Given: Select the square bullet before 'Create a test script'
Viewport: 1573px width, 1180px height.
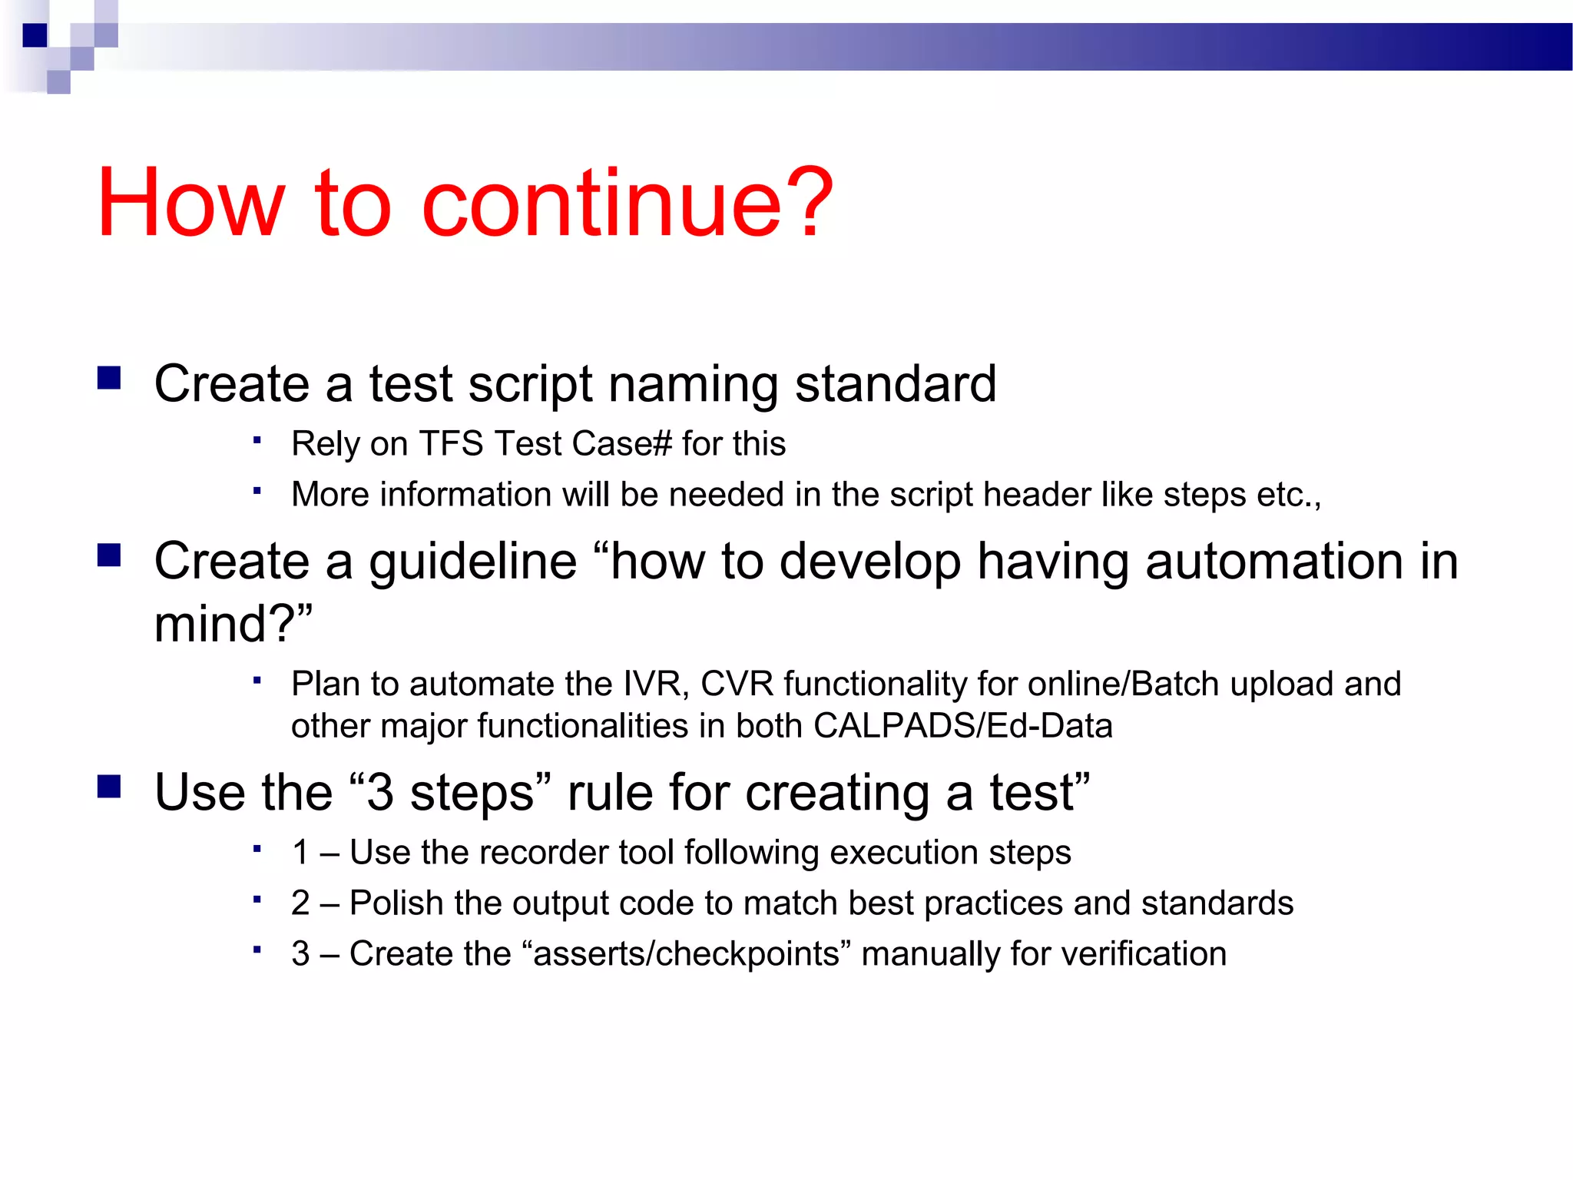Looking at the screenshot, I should (x=109, y=379).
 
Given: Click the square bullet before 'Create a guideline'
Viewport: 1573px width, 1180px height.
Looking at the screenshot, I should (x=109, y=555).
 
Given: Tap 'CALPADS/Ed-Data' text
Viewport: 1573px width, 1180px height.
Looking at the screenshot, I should (x=962, y=726).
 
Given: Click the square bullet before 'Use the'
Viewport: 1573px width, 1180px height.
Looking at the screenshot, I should (x=109, y=787).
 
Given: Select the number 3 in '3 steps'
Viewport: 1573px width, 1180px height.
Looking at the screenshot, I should (x=379, y=793).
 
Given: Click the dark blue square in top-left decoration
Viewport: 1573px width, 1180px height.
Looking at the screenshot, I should (x=35, y=35).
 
